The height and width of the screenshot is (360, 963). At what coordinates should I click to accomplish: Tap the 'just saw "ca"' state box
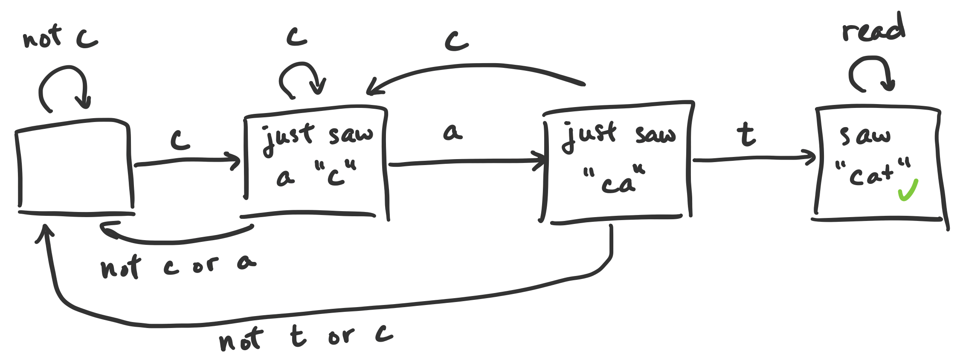[616, 162]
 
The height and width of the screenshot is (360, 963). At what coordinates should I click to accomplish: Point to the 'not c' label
[60, 38]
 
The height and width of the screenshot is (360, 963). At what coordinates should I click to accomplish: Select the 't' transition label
[746, 134]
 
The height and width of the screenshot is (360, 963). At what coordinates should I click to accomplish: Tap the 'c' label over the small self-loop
[297, 37]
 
